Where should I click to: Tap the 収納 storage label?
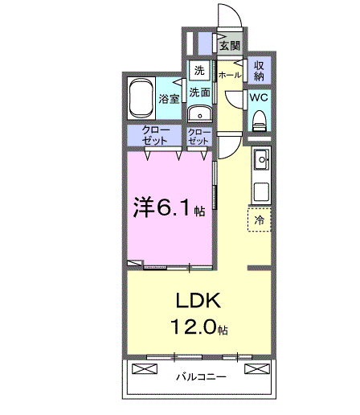[x=259, y=71]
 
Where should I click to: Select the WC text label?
[x=259, y=96]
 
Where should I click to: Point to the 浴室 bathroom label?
[x=168, y=100]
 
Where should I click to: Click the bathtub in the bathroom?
[x=142, y=99]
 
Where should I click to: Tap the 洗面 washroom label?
[x=199, y=92]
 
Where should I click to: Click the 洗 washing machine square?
[x=199, y=70]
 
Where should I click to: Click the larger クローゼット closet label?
[x=154, y=135]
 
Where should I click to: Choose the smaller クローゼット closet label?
[x=198, y=135]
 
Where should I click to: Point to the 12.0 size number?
[x=193, y=327]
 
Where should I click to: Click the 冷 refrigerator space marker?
[x=260, y=219]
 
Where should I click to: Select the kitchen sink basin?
[x=262, y=162]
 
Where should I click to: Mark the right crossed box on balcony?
[x=255, y=369]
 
